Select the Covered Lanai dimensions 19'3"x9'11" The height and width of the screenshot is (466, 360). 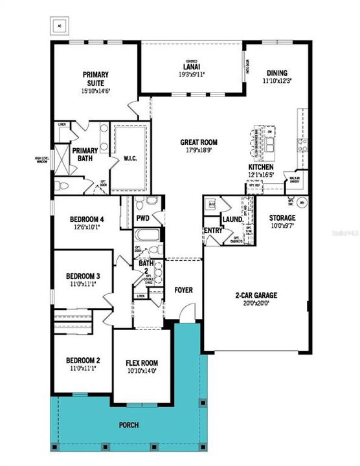(192, 74)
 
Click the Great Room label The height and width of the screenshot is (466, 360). (199, 142)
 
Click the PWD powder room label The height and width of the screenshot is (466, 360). (143, 218)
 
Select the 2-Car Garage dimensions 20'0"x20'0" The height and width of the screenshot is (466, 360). (256, 302)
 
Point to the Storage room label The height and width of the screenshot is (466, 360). (282, 218)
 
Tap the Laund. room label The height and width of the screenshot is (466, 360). (232, 219)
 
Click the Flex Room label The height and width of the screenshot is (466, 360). (142, 362)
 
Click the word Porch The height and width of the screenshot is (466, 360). (128, 425)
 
